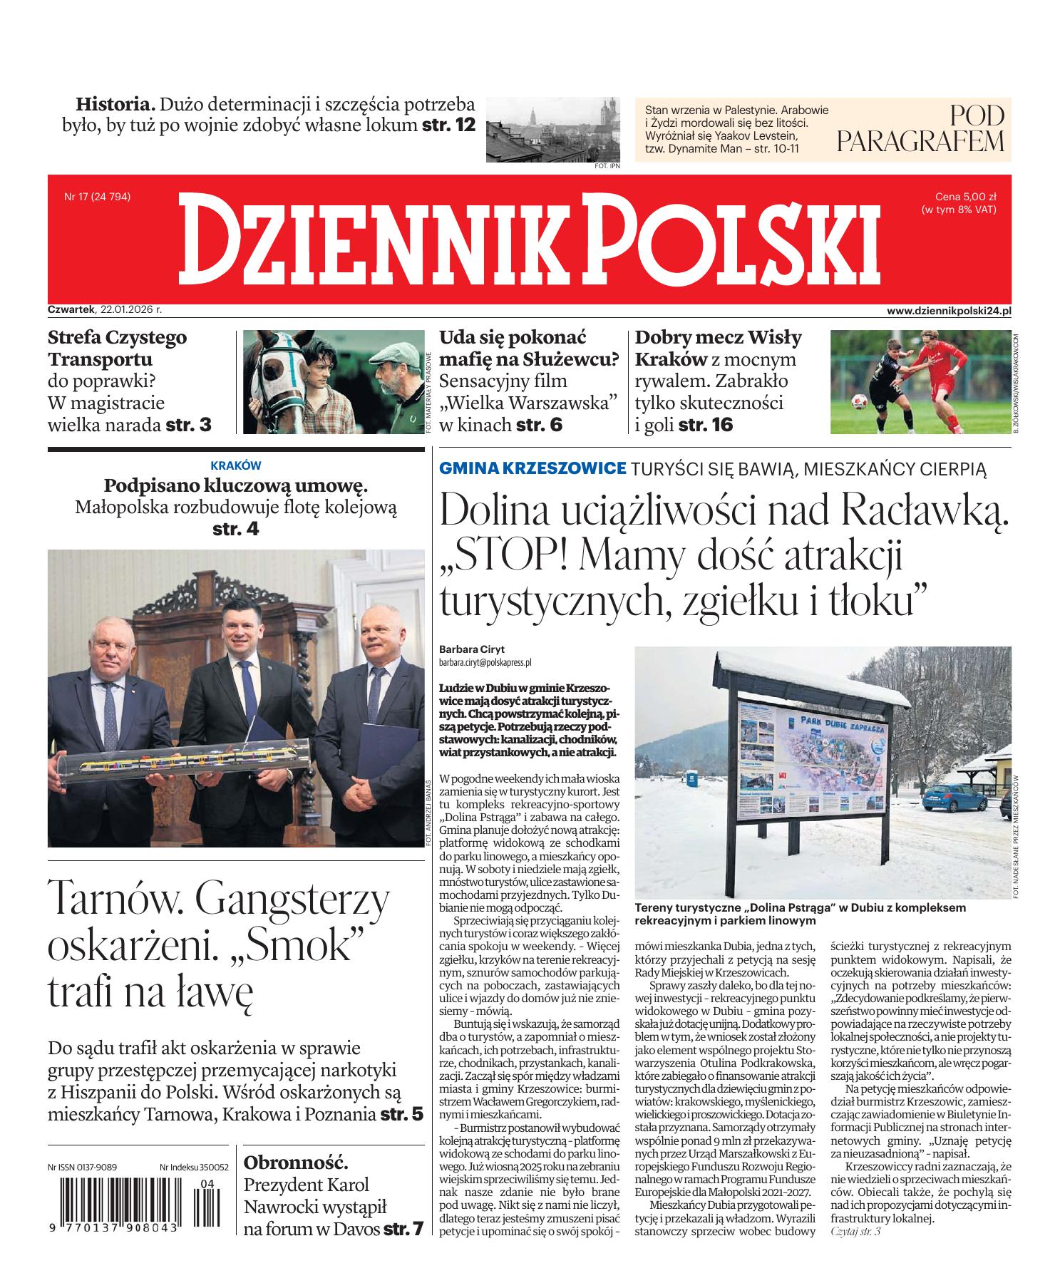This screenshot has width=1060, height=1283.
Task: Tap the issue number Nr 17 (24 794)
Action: click(97, 197)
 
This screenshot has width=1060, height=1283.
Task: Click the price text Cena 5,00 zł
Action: click(965, 197)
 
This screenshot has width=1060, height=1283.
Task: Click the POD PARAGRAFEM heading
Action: click(920, 129)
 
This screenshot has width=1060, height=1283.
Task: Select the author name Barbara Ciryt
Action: click(471, 649)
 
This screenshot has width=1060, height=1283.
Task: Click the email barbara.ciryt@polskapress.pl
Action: click(485, 662)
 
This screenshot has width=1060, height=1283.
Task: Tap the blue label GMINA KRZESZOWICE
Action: click(532, 468)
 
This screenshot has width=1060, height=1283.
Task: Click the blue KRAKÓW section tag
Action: click(236, 465)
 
